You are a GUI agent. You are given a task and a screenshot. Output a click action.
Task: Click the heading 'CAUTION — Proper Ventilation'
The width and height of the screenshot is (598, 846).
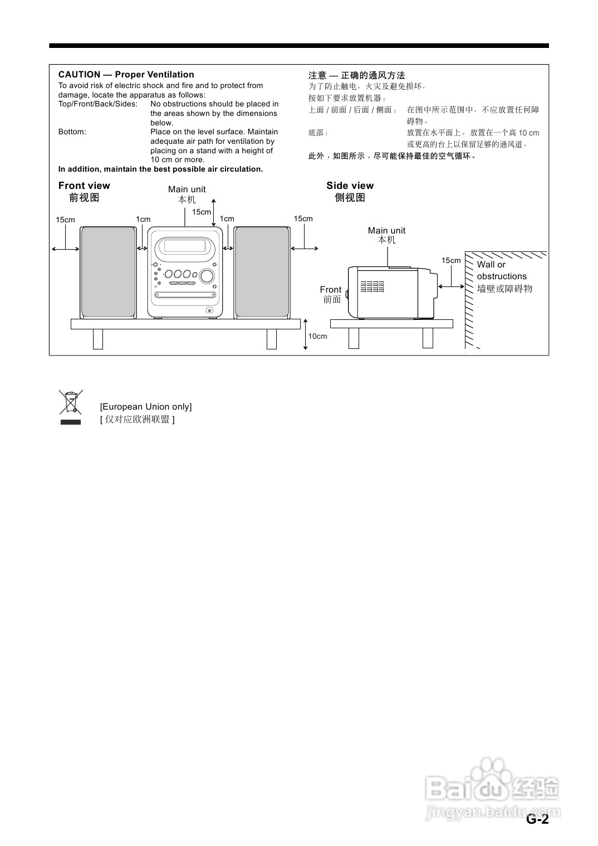(x=126, y=75)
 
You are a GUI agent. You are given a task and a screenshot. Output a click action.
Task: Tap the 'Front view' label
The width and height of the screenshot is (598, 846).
(x=84, y=186)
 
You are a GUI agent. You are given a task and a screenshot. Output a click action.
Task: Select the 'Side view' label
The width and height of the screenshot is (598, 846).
(x=350, y=186)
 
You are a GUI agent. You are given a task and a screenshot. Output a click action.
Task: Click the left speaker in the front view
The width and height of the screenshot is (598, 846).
(x=108, y=272)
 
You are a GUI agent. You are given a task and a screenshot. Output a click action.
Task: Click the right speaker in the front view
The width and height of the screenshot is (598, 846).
(x=262, y=272)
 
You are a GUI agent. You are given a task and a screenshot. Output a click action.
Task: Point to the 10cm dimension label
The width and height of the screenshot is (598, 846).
(x=318, y=336)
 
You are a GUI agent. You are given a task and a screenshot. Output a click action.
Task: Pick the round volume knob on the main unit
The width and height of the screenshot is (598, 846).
(x=207, y=275)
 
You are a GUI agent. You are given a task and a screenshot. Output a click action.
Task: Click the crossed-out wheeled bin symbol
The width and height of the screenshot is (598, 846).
(x=71, y=402)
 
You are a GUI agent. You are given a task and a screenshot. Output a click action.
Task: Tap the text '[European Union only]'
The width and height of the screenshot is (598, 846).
(x=146, y=407)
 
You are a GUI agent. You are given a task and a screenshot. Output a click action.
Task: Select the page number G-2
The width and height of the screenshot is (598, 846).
(x=537, y=819)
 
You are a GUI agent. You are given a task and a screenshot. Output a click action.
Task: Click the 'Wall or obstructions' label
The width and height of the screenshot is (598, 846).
(x=501, y=270)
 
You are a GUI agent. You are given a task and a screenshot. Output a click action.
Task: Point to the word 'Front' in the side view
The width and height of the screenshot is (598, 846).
(x=330, y=289)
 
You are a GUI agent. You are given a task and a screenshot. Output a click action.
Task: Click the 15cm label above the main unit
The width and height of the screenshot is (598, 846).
(x=202, y=212)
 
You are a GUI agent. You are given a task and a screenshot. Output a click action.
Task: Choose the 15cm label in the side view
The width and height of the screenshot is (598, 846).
(x=451, y=260)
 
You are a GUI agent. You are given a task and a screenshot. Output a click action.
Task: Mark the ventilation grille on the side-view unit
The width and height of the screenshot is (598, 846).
(x=372, y=287)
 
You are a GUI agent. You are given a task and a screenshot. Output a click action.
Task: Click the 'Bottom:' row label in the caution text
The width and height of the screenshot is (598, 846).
(x=72, y=132)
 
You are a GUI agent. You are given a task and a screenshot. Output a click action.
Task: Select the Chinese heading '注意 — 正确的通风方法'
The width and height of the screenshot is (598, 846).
(x=357, y=75)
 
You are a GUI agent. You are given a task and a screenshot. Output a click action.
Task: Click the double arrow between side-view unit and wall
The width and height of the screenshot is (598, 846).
(x=451, y=286)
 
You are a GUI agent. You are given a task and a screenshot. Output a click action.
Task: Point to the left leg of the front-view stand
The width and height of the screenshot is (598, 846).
(x=98, y=339)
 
